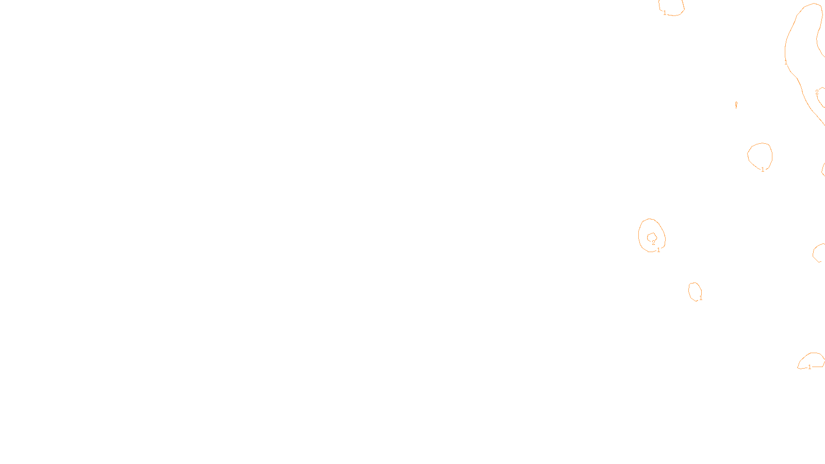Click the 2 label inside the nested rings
pyautogui.click(x=653, y=242)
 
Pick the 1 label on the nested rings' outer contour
pyautogui.click(x=658, y=250)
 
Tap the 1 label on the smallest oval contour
pyautogui.click(x=700, y=298)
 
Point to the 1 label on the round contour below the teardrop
pyautogui.click(x=763, y=170)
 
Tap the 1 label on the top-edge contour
pyautogui.click(x=665, y=13)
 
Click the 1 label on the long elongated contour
pyautogui.click(x=786, y=62)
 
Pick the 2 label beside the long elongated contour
pyautogui.click(x=817, y=92)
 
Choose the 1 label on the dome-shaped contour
pyautogui.click(x=810, y=367)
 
